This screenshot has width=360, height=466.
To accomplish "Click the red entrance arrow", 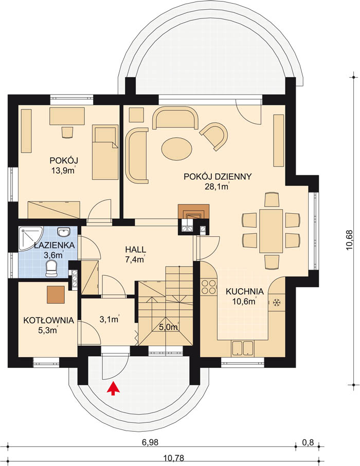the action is pyautogui.click(x=113, y=389).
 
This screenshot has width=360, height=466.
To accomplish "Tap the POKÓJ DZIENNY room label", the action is pyautogui.click(x=218, y=177).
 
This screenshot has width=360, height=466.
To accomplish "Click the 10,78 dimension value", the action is pyautogui.click(x=174, y=458).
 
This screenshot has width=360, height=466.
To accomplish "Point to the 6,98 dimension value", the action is pyautogui.click(x=150, y=442).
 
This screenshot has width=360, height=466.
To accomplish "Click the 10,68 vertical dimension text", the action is pyautogui.click(x=349, y=240).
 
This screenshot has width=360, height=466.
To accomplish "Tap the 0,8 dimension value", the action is pyautogui.click(x=308, y=442).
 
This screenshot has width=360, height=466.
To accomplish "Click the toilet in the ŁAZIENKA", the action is pyautogui.click(x=51, y=268).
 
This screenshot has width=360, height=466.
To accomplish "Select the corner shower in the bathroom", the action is pyautogui.click(x=31, y=238).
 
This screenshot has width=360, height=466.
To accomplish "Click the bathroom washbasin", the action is pyautogui.click(x=63, y=232).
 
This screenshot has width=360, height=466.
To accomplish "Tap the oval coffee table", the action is pyautogui.click(x=176, y=149).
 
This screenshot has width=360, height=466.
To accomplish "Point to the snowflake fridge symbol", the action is pyautogui.click(x=277, y=303).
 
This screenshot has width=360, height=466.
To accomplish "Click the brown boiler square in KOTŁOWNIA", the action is pyautogui.click(x=56, y=295).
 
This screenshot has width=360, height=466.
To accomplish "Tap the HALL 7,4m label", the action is pyautogui.click(x=135, y=254).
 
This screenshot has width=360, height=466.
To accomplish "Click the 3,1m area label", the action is pyautogui.click(x=109, y=320).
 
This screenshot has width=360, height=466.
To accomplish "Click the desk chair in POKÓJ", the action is pyautogui.click(x=67, y=132).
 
